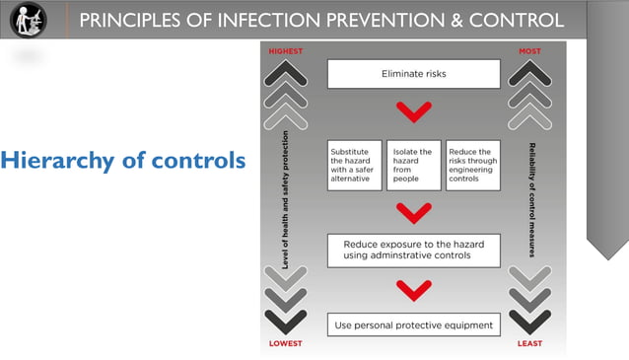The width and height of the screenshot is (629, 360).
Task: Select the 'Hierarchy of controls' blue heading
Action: (x=123, y=160)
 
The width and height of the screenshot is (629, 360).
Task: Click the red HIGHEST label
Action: (x=286, y=51)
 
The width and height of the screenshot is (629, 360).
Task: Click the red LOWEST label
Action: (x=286, y=343)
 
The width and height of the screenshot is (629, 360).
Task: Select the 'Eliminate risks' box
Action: (x=414, y=74)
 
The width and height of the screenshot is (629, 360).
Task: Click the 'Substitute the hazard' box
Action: (x=354, y=165)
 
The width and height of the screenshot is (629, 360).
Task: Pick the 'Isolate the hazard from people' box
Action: (x=413, y=165)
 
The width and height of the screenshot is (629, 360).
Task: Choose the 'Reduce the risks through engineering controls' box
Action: (x=473, y=165)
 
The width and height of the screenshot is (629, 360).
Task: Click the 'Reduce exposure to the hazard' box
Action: (x=414, y=250)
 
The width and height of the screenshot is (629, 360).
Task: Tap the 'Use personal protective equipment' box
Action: (x=414, y=324)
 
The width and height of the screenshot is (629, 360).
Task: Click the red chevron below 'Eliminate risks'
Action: (x=414, y=110)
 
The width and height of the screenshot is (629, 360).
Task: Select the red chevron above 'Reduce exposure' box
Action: (x=414, y=210)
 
